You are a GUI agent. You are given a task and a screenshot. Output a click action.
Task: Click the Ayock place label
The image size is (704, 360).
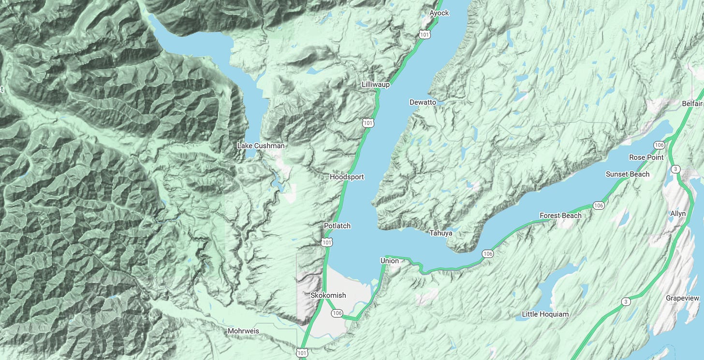click(440, 13)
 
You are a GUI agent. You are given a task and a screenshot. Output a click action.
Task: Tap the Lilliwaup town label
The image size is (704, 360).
click(375, 85)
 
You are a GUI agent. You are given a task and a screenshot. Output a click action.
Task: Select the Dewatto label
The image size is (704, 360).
click(423, 102)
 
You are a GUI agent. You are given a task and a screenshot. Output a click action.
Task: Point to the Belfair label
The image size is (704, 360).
click(692, 104)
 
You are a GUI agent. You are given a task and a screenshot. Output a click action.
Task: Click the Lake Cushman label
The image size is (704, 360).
click(261, 145)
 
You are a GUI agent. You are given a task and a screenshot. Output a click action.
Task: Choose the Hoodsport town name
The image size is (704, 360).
click(347, 177)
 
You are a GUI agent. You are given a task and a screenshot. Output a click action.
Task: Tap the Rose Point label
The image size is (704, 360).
click(646, 158)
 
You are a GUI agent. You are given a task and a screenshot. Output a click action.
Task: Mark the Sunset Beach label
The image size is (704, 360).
click(628, 174)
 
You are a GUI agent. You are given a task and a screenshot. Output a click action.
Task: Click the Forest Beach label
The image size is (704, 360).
click(560, 216)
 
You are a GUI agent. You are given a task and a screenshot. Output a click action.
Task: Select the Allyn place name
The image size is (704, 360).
click(678, 214)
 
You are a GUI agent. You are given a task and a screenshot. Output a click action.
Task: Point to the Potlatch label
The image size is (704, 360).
click(337, 226)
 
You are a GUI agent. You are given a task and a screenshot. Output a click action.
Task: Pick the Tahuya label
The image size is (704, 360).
click(441, 233)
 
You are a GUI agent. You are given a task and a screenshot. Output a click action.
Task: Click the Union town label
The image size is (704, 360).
click(389, 261)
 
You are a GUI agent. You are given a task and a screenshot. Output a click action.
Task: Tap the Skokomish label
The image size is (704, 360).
click(328, 295)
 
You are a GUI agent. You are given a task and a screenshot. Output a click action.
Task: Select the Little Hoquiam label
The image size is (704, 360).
click(545, 314)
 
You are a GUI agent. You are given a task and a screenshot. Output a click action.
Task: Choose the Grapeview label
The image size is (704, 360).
click(682, 298)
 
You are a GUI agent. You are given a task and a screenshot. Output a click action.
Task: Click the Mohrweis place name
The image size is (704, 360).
click(243, 331)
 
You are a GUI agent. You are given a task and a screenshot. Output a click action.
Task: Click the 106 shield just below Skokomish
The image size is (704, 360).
click(337, 314)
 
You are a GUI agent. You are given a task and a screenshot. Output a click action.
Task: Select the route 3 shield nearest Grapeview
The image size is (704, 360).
click(626, 302)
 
